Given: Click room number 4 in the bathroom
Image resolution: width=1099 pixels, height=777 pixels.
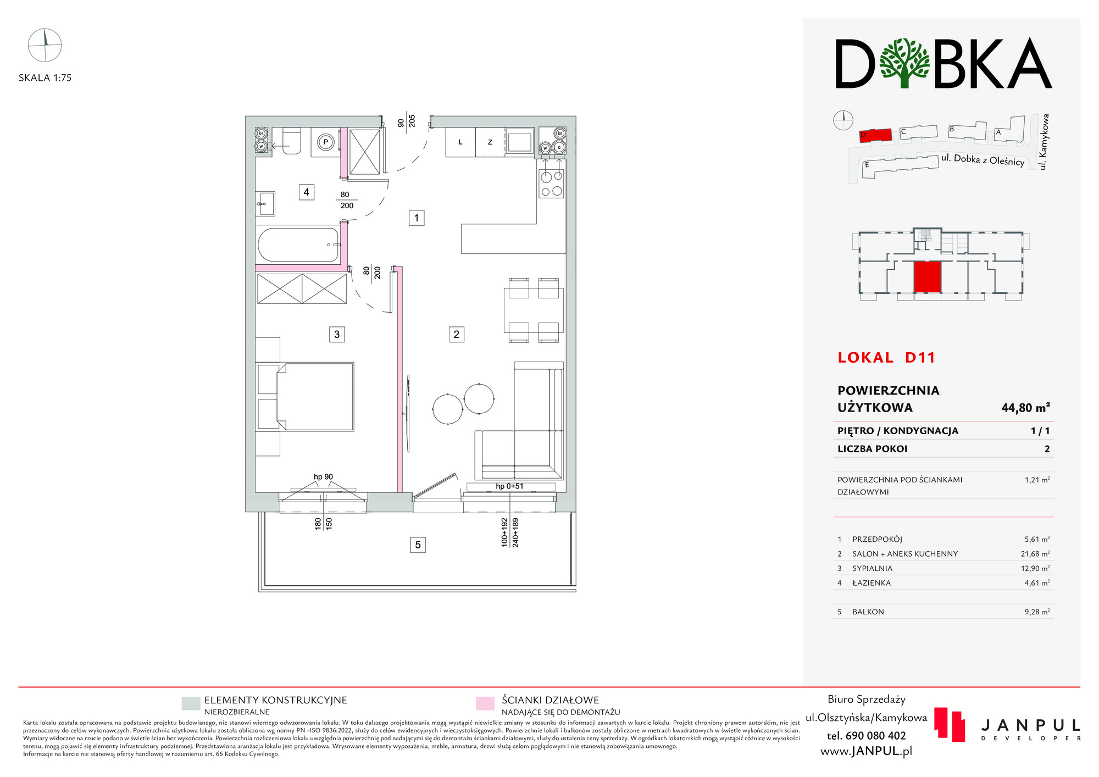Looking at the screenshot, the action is point(306,192).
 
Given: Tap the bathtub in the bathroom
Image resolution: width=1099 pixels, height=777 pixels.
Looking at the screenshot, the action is point(298,245).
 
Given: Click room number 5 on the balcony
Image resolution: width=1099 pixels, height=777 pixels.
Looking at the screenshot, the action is point(418,545).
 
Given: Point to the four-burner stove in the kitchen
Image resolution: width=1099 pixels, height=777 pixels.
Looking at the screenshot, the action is point(551,184).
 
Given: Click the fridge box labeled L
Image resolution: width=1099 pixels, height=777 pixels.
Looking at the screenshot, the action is point(460,142).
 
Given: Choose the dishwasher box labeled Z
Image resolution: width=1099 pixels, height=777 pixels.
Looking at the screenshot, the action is point(490,142).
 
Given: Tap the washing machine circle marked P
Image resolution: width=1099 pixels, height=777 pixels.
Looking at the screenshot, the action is point(325,142).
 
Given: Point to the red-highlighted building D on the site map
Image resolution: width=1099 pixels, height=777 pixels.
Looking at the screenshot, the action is point(875,135).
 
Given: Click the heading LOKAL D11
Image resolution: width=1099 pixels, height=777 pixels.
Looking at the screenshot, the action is point(886,358).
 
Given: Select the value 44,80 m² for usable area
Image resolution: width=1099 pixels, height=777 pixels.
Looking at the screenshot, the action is point(1025,408).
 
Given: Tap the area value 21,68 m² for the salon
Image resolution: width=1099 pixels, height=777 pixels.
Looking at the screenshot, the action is point(1035,554).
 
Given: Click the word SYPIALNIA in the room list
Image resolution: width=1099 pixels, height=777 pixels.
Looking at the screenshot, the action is point(872,568).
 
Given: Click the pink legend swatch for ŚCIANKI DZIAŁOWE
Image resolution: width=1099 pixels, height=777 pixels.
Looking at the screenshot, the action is point(485,703).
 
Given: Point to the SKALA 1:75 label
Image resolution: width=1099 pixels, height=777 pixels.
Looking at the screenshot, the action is point(45,78).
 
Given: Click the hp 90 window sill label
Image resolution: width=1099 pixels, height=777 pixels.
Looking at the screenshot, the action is point(323,477).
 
